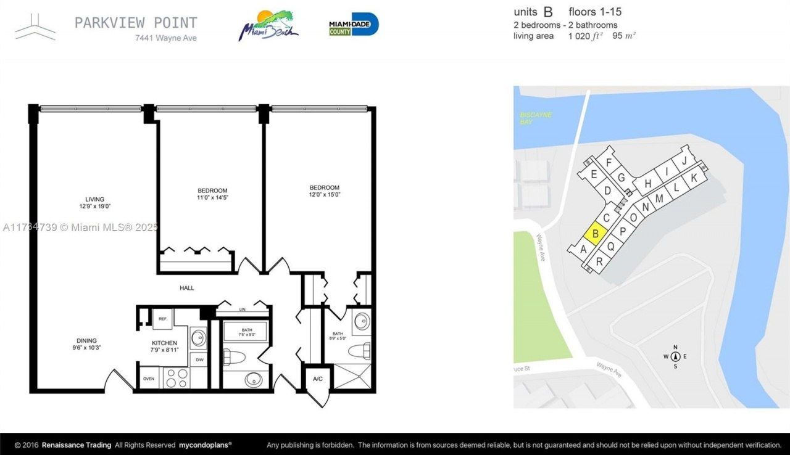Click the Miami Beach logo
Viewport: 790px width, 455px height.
(269, 25)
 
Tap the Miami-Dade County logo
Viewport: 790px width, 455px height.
(354, 25)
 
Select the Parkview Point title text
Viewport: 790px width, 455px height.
(136, 23)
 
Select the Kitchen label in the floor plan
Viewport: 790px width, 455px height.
(165, 343)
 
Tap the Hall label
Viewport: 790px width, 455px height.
(187, 288)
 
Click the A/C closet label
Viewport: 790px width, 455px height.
(318, 379)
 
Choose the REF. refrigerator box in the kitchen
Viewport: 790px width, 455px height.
(163, 319)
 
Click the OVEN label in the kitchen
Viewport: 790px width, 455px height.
(149, 379)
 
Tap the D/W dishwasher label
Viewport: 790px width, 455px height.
(199, 359)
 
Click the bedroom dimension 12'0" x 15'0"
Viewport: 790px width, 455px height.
(325, 195)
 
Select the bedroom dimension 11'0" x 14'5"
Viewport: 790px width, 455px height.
(212, 198)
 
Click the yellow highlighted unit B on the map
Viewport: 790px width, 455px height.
(596, 234)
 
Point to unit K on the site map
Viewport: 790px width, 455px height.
(693, 178)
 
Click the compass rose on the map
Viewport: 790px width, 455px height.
(675, 356)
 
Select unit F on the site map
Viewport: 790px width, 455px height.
(609, 163)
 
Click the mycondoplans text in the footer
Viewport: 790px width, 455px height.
(206, 445)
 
